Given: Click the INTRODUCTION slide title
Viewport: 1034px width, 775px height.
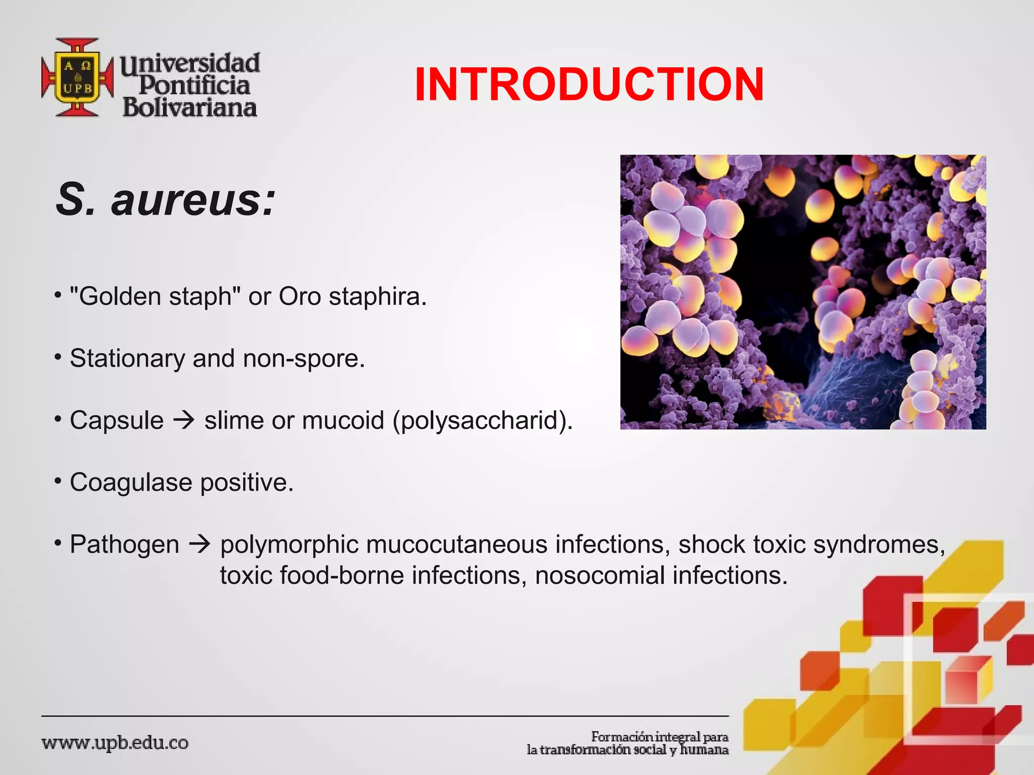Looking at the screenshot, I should coord(589,84).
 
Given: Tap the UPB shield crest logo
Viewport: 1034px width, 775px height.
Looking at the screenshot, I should coord(77,77).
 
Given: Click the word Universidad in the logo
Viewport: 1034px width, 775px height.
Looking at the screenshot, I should coord(190,64).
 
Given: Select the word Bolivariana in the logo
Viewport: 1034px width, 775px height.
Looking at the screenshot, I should coord(190,107).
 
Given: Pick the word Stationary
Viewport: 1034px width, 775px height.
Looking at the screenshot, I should coord(127,359).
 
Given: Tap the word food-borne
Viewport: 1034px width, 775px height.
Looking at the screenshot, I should coord(342,576).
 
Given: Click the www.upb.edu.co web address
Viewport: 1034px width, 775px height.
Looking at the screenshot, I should coord(115,743).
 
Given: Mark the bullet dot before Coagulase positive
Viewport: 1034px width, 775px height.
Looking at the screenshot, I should coord(58,479).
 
